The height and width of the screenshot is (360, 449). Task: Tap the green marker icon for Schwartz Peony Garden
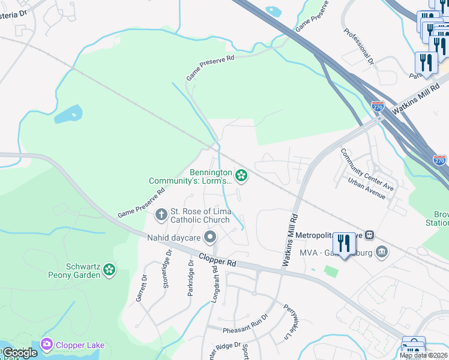coord(109,270)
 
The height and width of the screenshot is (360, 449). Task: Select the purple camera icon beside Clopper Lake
coord(46,344)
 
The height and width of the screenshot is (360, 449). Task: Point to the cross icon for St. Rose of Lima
coord(161,214)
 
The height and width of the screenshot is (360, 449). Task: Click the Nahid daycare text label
coord(174,238)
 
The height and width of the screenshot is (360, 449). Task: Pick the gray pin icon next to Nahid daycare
coord(210,238)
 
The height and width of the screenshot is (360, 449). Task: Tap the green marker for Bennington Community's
coord(241,175)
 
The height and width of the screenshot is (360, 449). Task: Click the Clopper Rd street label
coord(220,263)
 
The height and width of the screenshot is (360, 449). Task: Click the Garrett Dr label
coord(143,288)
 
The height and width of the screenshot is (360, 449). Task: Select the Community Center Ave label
coord(367,170)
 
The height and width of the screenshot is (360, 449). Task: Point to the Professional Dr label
coord(358,46)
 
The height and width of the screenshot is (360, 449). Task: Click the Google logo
coord(20,353)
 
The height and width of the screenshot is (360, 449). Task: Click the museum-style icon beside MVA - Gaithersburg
coord(380,251)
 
